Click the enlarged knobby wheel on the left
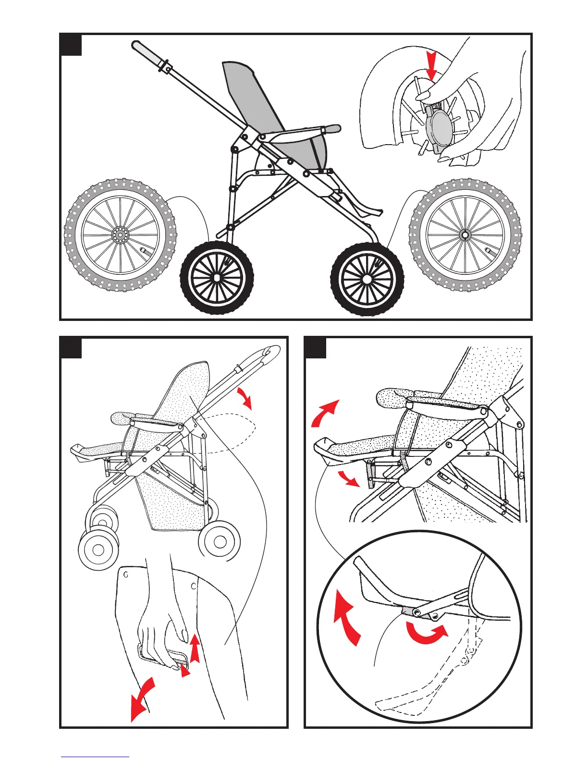click(121, 235)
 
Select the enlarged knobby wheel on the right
click(465, 235)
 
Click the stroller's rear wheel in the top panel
click(217, 278)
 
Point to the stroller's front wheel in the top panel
click(367, 279)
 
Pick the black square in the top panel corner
click(71, 45)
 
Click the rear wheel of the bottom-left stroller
click(220, 541)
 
